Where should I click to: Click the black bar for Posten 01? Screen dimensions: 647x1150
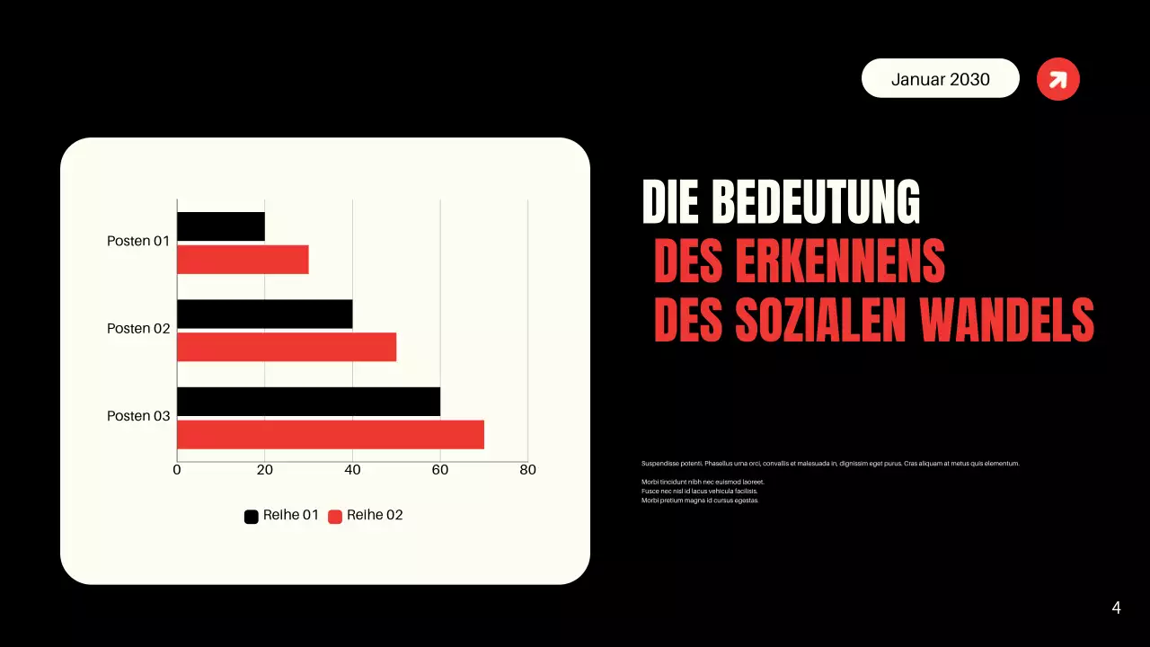[221, 226]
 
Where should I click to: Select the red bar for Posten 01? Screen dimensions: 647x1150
[243, 260]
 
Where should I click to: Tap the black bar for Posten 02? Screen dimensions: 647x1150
[264, 314]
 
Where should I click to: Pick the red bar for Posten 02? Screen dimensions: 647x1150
[287, 347]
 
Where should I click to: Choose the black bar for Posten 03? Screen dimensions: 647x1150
[308, 402]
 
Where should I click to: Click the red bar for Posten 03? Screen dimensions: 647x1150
[331, 435]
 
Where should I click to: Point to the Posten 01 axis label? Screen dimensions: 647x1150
[138, 241]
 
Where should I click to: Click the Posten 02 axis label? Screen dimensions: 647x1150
[138, 329]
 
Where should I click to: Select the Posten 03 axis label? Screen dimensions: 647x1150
[138, 416]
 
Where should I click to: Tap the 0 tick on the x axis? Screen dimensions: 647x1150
[177, 470]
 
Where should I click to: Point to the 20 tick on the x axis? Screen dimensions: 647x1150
[265, 470]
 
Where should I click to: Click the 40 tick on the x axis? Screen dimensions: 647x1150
[352, 470]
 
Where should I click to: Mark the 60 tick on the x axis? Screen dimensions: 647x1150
[440, 470]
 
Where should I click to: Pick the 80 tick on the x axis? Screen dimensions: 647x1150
[527, 470]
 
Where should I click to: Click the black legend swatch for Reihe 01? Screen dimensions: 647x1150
[252, 517]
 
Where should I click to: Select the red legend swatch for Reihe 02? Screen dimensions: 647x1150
[335, 517]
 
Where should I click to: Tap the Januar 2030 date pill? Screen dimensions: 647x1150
[941, 79]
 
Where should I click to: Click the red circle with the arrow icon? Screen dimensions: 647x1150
[1058, 79]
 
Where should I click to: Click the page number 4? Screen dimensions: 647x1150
[1116, 608]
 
